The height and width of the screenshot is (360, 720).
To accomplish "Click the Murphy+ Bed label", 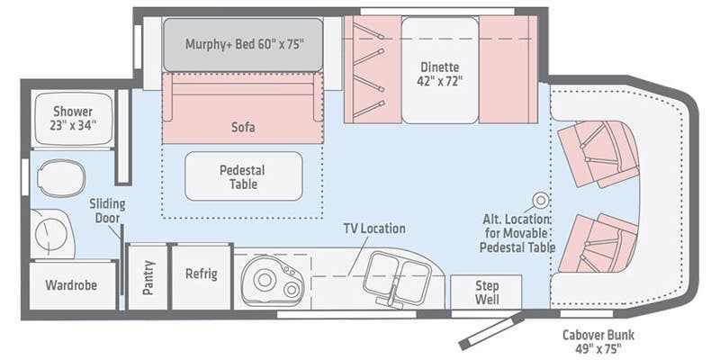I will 242,43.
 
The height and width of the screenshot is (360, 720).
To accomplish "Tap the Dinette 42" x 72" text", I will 439,73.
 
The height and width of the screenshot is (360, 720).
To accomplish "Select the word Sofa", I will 242,127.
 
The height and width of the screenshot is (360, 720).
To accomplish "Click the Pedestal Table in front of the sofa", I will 243,175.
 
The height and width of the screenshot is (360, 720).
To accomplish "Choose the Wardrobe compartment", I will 71,285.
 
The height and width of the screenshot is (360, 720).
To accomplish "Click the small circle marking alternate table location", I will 541,201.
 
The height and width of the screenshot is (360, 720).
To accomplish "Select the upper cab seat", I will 598,153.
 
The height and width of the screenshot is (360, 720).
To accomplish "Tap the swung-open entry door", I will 490,330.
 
